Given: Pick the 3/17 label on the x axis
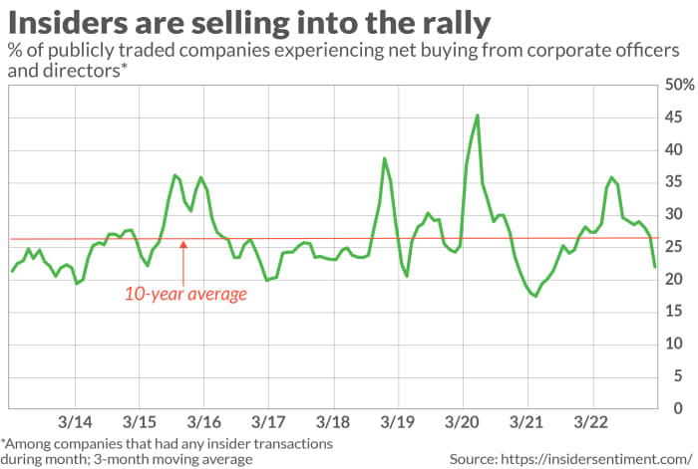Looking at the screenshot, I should (x=268, y=423).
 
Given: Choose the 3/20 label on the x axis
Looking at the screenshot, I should (x=462, y=423).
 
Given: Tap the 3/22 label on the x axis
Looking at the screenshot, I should (x=590, y=423).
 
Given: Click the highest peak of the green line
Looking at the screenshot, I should (x=478, y=116).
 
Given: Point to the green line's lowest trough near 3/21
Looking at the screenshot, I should (x=535, y=296).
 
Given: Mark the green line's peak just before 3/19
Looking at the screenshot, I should (x=385, y=158).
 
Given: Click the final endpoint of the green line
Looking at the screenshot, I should (x=655, y=267).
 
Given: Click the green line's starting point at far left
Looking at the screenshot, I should (x=12, y=271).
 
